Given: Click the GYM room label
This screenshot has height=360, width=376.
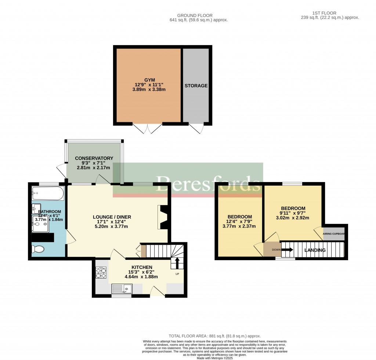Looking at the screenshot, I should coord(149,80).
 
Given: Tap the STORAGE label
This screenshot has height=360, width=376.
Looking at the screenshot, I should coord(196,86).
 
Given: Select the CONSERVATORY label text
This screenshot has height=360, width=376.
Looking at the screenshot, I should coord(94,158).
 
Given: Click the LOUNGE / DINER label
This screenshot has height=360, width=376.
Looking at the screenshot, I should coord(112,217).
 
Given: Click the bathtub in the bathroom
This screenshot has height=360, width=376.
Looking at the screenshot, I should coord(48,193).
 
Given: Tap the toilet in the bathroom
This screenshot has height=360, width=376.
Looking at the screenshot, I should coord(38,250).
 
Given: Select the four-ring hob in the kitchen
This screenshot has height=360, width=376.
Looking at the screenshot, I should coord(101,272).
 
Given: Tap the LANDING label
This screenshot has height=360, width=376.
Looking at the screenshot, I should coord(315,250).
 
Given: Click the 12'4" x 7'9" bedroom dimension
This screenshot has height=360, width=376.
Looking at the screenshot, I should coord(239,221).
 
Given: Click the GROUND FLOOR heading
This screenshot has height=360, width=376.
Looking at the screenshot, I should coord(195,15).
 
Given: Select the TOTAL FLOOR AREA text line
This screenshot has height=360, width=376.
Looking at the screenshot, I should coord(214,336).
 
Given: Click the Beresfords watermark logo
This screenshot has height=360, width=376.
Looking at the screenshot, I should coord(209,183).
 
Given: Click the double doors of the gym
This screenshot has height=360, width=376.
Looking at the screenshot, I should coord(148,128).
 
